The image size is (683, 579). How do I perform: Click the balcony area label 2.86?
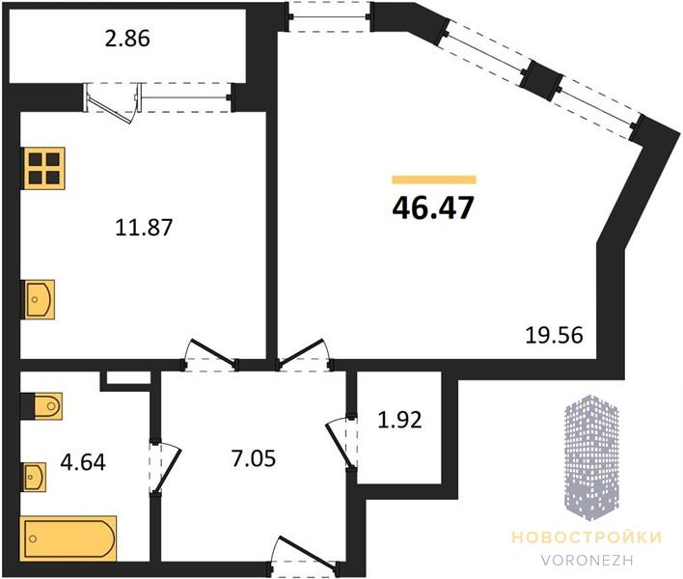(127, 39)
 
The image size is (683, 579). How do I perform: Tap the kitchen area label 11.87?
(144, 228)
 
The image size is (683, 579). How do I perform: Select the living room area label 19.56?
(554, 336)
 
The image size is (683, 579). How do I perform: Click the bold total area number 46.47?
(432, 208)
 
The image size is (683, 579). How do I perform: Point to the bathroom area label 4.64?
(83, 462)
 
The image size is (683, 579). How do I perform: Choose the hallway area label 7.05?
(254, 458)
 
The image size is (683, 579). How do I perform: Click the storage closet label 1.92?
(399, 421)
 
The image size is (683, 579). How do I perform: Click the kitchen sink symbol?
(39, 299)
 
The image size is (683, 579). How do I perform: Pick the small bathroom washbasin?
(34, 477)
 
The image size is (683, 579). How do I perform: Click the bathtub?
(68, 538)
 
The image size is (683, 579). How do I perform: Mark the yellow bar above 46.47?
(434, 179)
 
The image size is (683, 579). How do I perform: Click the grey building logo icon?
(591, 457)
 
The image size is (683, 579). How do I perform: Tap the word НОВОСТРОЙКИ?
(587, 538)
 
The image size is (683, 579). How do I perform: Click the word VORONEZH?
(587, 560)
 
